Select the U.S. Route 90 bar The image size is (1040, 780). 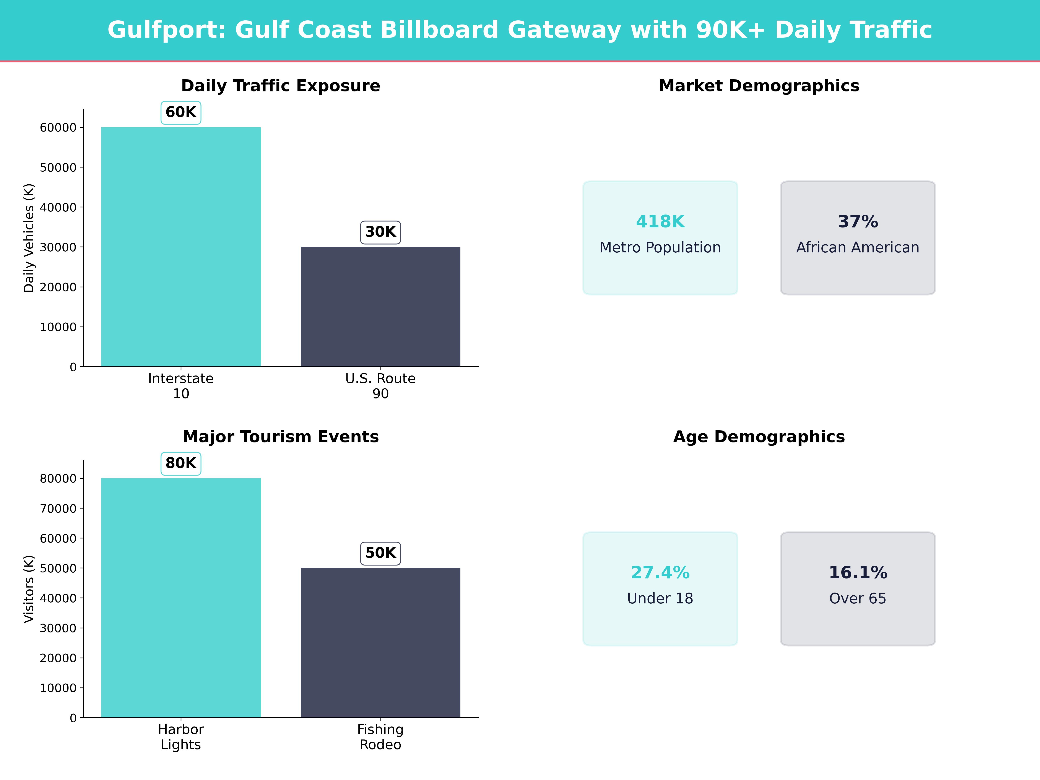click(380, 307)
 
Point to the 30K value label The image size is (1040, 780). click(380, 232)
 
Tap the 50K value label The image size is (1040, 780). click(380, 553)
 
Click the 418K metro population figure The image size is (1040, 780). click(660, 221)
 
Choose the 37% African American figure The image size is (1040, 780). click(858, 221)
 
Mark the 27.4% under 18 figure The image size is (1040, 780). click(660, 573)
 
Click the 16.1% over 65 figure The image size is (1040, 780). click(858, 573)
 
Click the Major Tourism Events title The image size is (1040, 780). click(281, 437)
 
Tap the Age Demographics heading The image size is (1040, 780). click(759, 437)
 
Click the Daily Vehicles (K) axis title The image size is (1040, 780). click(29, 238)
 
